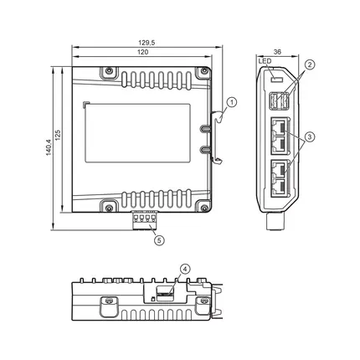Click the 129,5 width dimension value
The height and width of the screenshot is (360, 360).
coord(147,43)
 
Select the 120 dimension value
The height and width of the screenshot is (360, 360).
coord(142,52)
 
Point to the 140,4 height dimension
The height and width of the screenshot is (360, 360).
coord(49,147)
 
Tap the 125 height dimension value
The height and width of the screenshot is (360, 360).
coord(58,135)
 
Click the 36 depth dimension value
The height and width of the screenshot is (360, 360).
coord(277,52)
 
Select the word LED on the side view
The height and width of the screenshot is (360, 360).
coord(265,61)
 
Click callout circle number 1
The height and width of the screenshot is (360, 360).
coord(232,102)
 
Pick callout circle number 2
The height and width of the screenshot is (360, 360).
coord(310,64)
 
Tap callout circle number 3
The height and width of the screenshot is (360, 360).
coord(310,136)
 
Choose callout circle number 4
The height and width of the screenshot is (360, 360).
coord(185,269)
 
